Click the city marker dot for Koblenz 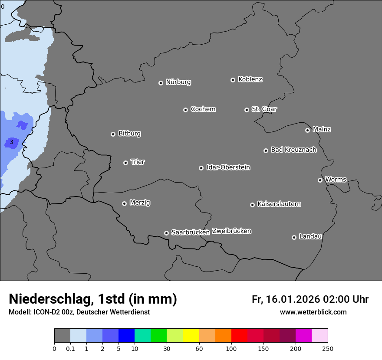click(x=233, y=80)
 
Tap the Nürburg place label click(x=178, y=82)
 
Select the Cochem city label click(x=203, y=109)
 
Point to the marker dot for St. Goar click(x=247, y=110)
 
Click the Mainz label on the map click(x=322, y=129)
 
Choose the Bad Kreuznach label click(x=293, y=150)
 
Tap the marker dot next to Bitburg click(x=113, y=134)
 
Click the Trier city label click(x=138, y=162)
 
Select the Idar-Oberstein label click(x=228, y=167)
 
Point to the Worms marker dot click(x=320, y=180)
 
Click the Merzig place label click(x=140, y=203)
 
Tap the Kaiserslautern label click(x=279, y=204)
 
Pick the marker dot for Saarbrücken click(x=166, y=233)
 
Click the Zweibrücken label click(x=231, y=231)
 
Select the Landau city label click(x=310, y=236)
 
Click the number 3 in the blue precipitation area click(x=11, y=142)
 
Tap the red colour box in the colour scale click(x=239, y=336)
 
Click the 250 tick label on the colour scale click(x=327, y=348)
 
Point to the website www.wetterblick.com click(x=313, y=312)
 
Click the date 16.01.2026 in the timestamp click(x=292, y=299)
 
